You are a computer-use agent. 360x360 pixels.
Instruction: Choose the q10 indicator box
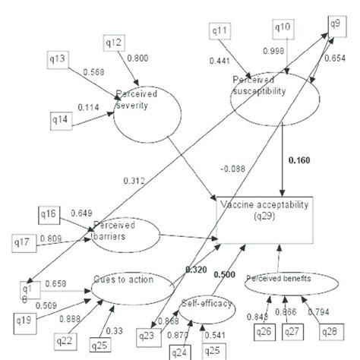tap(283, 28)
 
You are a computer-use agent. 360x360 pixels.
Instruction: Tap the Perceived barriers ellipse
tap(126, 235)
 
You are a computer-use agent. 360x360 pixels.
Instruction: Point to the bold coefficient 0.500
tap(223, 273)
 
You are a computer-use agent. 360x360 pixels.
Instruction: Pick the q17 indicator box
tap(24, 242)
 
